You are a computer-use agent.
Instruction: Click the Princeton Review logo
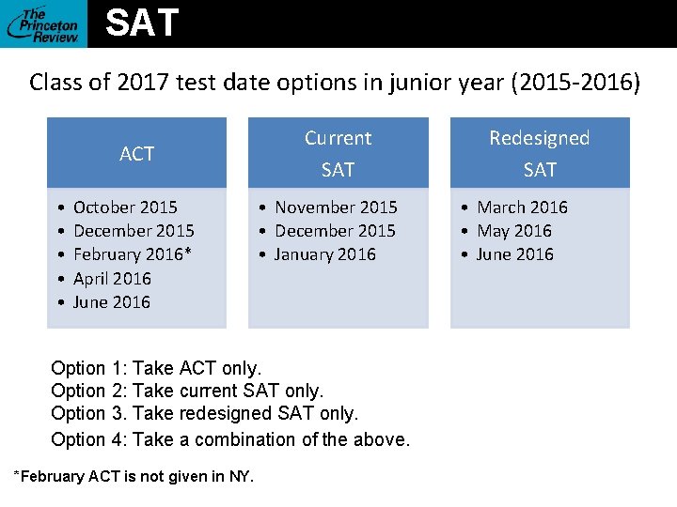[x=43, y=23]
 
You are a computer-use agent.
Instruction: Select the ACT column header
[x=136, y=154]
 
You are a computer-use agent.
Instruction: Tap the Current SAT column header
[x=338, y=153]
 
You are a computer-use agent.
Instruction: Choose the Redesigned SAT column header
[x=540, y=153]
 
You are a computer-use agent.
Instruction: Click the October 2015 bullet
[x=125, y=207]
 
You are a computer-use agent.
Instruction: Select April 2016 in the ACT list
[x=112, y=278]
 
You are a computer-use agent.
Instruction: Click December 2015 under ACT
[x=134, y=231]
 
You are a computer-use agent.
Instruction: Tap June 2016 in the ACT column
[x=111, y=301]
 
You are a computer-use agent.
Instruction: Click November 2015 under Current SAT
[x=336, y=207]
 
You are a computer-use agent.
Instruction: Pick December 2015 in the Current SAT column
[x=335, y=231]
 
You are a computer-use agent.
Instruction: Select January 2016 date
[x=324, y=254]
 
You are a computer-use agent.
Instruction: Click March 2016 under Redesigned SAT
[x=522, y=207]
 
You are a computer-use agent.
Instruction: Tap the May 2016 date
[x=514, y=231]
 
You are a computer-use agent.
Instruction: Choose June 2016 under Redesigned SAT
[x=515, y=254]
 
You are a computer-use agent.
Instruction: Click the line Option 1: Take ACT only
[x=156, y=368]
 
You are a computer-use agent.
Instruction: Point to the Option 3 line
[x=204, y=413]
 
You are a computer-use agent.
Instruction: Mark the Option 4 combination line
[x=230, y=438]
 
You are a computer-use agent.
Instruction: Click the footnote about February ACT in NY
[x=133, y=476]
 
